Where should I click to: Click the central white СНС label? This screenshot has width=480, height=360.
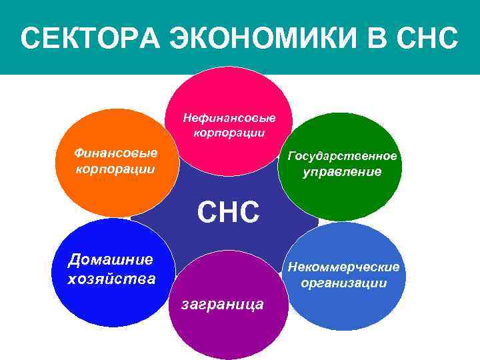[x=227, y=213]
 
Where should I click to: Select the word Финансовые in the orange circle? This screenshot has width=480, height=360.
[x=116, y=153]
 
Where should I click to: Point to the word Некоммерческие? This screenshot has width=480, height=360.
[x=343, y=267]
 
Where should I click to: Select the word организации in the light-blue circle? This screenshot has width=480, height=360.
[x=343, y=283]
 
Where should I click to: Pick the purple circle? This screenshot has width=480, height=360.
[x=227, y=333]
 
